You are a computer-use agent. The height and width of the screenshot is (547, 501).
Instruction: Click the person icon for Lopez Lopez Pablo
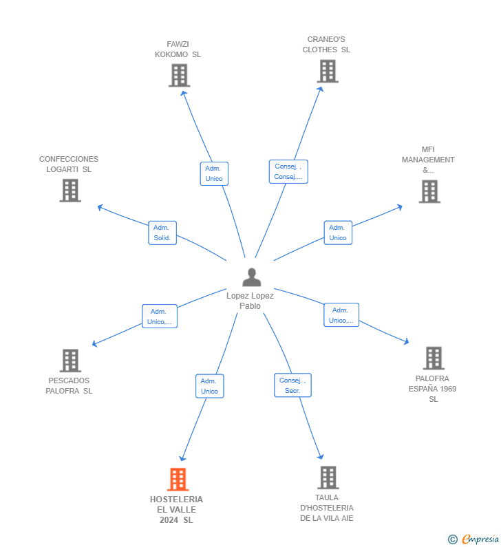click(x=252, y=277)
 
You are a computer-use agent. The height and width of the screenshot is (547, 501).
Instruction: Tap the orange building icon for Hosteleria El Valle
click(x=178, y=479)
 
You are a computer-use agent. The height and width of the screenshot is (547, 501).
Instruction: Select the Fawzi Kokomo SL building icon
click(x=179, y=75)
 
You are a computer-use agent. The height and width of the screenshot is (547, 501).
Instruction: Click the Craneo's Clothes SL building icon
click(x=328, y=71)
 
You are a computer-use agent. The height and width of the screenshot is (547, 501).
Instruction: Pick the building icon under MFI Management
click(x=429, y=191)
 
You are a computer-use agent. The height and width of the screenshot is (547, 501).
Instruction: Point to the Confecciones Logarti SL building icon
click(x=70, y=191)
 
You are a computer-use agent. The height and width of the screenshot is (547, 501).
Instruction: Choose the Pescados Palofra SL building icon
click(x=70, y=360)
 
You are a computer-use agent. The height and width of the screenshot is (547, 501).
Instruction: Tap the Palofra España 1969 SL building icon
click(x=434, y=358)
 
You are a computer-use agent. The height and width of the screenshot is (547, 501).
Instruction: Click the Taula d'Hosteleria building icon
click(x=328, y=477)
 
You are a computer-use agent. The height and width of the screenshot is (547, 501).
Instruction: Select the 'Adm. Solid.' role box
click(x=162, y=233)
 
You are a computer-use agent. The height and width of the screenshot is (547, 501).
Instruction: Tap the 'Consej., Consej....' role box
click(x=288, y=171)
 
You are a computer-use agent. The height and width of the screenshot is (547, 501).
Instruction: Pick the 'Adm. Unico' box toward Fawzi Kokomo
click(x=213, y=173)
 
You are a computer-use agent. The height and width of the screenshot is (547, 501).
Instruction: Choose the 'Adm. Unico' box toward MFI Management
click(x=338, y=233)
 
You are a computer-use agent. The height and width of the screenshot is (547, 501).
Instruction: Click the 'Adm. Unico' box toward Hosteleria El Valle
click(x=209, y=386)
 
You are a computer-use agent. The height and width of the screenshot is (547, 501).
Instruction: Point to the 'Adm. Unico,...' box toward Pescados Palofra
click(x=160, y=317)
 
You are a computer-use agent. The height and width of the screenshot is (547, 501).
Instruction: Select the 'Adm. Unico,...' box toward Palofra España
click(x=341, y=315)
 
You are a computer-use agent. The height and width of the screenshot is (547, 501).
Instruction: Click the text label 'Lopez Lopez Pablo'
click(x=250, y=301)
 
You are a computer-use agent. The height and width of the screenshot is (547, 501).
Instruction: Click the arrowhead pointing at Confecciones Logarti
click(x=100, y=206)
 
